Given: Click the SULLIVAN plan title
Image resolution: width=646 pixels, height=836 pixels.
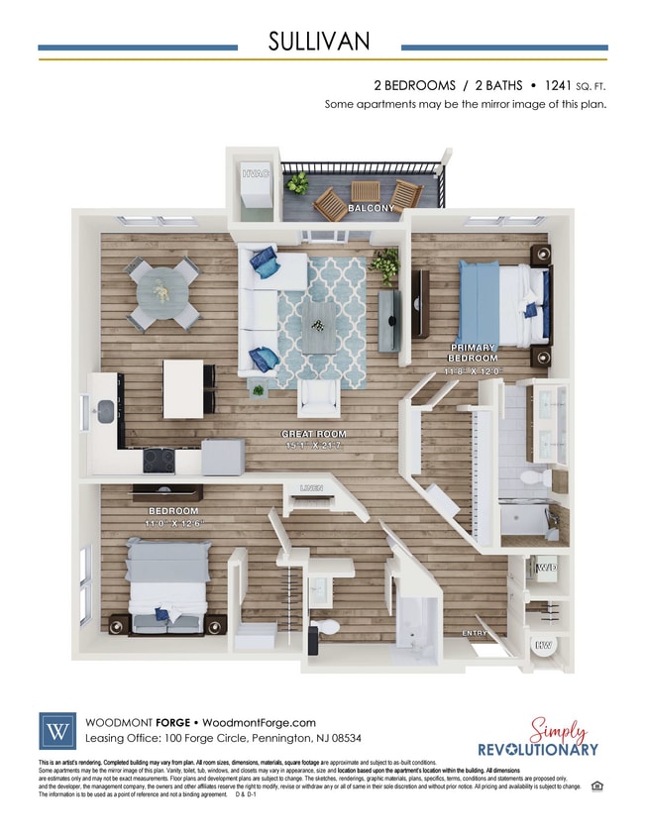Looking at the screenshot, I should coord(319,41).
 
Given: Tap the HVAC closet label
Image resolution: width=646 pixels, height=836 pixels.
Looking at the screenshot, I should coord(256,174).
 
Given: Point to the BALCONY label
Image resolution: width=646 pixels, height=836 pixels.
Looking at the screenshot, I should coord(371,209).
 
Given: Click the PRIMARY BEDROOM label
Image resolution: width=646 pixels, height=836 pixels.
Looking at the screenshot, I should coord(473,353).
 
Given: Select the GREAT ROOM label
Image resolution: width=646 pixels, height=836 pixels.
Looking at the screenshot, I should coord(313,435).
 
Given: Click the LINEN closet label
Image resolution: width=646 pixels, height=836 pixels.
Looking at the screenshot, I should coord(311,488).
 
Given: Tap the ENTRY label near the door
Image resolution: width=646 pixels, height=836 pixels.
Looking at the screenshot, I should coord(476,633).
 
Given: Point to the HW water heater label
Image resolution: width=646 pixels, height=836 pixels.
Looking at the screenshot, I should coord(544,646).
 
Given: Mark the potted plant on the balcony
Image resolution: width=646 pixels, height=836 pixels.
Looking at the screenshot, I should coord(296,183).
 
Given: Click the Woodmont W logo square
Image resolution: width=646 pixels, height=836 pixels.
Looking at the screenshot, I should coord(56,731).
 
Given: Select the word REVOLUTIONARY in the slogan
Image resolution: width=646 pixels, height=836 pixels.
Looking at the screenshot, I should coord(538,749).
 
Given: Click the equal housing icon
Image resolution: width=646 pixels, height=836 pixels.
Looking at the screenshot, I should coord(596,786).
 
